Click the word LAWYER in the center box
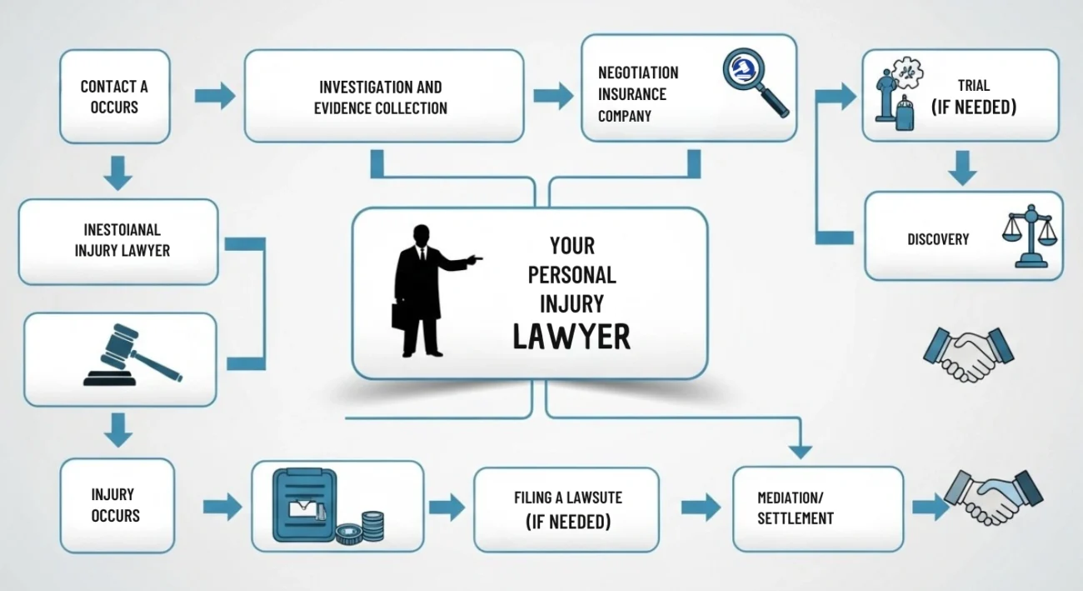(x=571, y=336)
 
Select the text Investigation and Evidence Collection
(x=381, y=97)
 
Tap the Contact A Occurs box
(x=115, y=97)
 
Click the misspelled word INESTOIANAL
(x=122, y=229)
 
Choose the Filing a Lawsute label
(x=567, y=498)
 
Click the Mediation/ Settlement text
(x=795, y=508)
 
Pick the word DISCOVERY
(x=938, y=239)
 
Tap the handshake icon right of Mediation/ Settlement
(x=992, y=498)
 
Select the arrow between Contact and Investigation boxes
(x=214, y=96)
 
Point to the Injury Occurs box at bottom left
(x=117, y=505)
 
